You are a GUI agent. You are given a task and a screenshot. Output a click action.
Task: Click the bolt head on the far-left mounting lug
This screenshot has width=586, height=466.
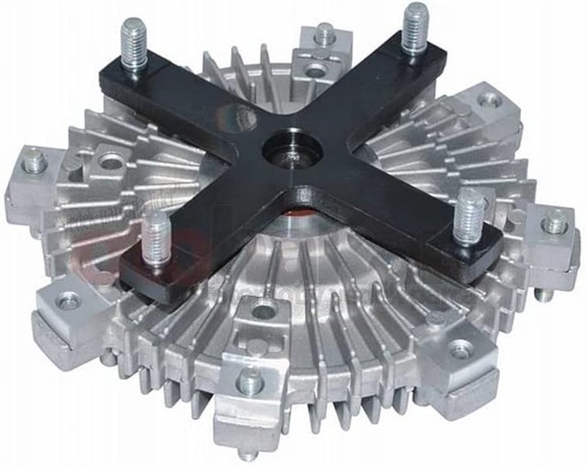coord(35,162)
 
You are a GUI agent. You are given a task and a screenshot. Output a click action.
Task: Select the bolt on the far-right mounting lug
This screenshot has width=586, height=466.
coord(555,222)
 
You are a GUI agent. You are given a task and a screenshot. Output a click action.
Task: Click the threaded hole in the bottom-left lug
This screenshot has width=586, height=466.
coord(68,298)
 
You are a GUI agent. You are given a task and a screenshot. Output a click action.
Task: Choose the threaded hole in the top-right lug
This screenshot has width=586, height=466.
coord(491,100)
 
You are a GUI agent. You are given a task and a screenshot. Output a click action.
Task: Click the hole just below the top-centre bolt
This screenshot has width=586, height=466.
coord(316,70)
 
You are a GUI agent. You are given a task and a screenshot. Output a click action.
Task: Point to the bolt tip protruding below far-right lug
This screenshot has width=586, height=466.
coord(544,294)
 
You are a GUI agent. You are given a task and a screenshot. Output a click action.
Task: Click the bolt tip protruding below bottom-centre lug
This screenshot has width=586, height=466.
coord(248,451)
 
